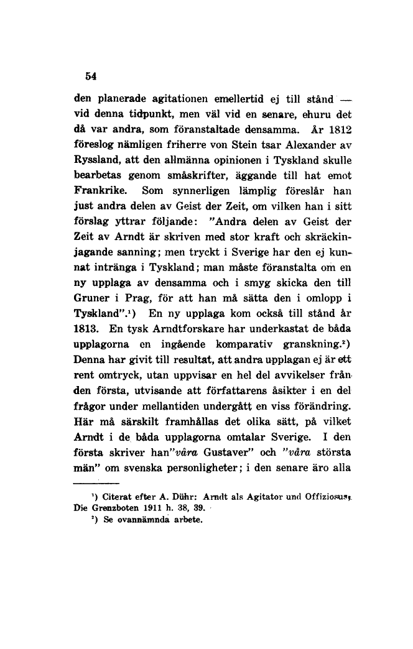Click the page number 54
pos(91,76)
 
